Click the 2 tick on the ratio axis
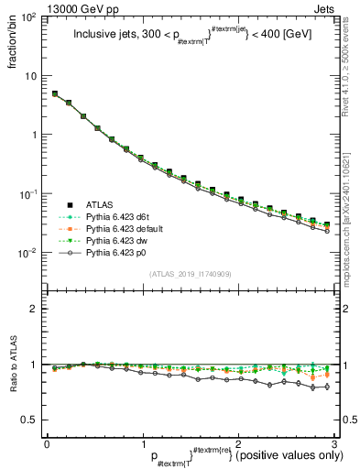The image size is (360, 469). (x=35, y=309)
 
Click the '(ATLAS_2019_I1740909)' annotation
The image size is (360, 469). (x=191, y=275)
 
